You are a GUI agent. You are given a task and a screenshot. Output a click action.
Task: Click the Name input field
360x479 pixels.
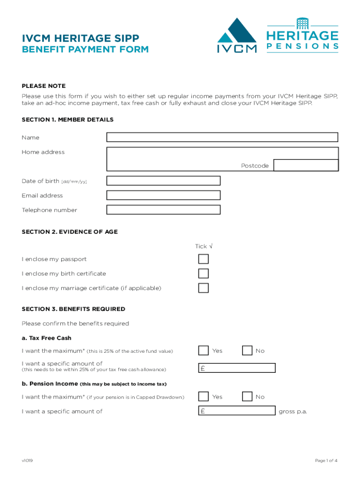222,137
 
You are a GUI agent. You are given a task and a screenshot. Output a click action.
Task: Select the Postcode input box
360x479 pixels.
306,165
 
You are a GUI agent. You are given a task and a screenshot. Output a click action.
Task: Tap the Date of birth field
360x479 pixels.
163,181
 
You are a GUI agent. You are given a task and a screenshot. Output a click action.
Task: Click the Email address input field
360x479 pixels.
163,195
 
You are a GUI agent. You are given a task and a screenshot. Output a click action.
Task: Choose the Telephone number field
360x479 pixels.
163,210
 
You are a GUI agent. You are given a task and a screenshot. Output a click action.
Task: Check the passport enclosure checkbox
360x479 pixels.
203,259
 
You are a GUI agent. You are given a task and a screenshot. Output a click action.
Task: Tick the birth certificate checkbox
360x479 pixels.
203,273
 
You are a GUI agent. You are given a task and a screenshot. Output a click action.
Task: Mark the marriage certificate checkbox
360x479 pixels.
203,288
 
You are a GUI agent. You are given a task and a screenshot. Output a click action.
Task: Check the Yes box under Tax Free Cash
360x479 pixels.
203,350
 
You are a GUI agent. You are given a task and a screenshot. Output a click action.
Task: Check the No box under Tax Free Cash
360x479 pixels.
247,350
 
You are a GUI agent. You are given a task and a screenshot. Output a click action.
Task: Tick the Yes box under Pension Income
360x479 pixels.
203,397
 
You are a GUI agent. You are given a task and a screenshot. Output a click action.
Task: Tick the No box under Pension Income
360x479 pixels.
247,397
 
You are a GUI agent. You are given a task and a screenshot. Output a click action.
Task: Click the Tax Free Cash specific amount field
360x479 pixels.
237,368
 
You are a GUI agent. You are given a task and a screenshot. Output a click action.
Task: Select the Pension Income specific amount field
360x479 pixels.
237,411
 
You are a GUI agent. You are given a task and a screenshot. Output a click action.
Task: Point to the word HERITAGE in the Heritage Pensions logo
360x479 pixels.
302,36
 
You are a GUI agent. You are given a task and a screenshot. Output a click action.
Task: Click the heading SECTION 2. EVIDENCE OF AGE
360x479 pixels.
70,232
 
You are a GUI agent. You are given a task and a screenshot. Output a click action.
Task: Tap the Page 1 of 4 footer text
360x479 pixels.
326,461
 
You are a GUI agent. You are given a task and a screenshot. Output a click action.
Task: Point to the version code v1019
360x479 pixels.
27,461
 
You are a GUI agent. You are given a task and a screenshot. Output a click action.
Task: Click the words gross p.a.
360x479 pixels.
293,412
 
